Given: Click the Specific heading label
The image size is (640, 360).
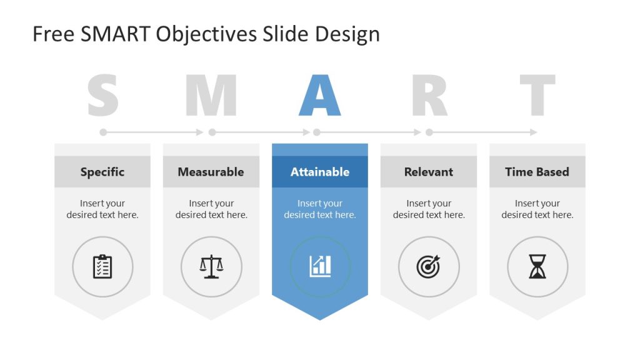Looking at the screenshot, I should click(102, 172).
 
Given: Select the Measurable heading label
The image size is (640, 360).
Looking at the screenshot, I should click(211, 172).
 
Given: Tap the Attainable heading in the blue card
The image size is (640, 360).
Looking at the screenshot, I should click(320, 172).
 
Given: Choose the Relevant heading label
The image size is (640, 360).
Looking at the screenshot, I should click(429, 172).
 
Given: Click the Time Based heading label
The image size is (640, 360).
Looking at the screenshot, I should click(537, 172).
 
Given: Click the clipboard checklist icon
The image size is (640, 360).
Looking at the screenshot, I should click(102, 267).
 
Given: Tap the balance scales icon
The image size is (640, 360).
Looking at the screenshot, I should click(211, 267).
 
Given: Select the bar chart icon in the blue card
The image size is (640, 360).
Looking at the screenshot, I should click(320, 267).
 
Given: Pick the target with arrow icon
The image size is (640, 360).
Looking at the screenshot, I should click(429, 267).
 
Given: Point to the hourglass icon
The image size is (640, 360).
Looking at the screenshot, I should click(537, 267).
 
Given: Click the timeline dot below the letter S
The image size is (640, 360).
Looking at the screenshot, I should click(103, 132).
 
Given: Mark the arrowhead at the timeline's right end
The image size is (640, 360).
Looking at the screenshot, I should click(533, 132).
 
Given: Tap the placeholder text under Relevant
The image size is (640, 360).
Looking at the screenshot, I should click(429, 209).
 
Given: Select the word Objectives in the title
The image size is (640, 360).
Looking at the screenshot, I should click(206, 35).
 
